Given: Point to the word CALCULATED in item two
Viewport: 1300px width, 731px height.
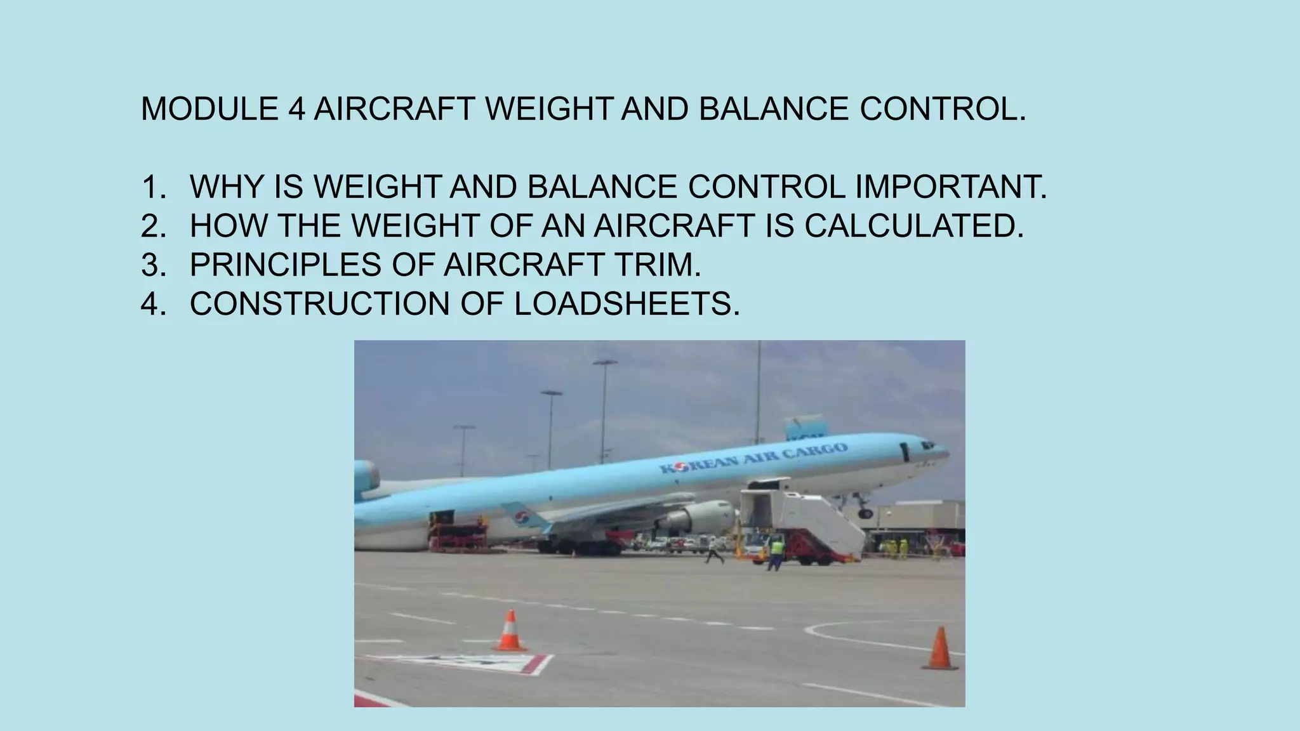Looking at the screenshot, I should point(914,226).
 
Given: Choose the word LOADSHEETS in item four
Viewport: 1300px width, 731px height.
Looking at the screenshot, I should point(627,304).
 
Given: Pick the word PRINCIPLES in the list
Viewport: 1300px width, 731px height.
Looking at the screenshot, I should point(285,265).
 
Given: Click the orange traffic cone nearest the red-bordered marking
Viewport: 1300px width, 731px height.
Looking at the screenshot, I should point(509,631).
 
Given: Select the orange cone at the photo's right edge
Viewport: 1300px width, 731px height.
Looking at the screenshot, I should point(940,649).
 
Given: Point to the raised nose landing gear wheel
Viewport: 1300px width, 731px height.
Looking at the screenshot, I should point(865,513).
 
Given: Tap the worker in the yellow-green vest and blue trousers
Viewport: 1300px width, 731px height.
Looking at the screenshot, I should point(776,551).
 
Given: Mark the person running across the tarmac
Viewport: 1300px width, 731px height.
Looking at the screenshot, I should point(714,551).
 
